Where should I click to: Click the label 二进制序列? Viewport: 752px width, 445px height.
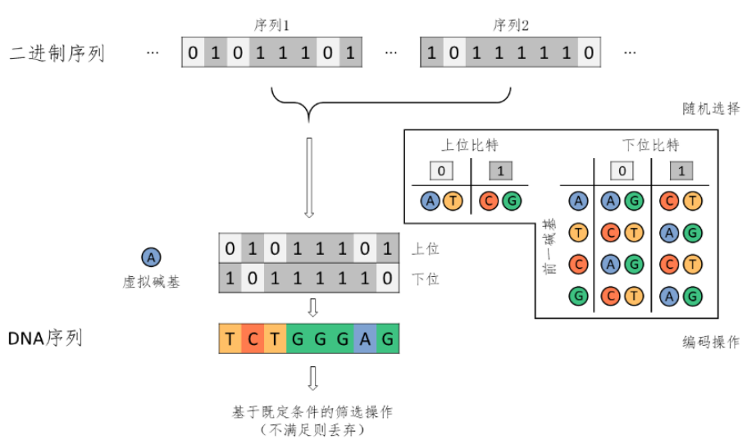[57, 54]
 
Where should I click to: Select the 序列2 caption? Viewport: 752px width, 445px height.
[510, 25]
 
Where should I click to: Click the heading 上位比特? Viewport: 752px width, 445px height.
[470, 146]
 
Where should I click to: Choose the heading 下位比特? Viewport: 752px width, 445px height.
[650, 146]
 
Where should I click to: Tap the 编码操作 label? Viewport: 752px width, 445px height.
[710, 342]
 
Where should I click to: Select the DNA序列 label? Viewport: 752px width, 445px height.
[45, 337]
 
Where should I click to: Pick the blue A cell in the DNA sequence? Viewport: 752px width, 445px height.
[365, 338]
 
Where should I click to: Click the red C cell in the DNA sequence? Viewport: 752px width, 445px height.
[253, 338]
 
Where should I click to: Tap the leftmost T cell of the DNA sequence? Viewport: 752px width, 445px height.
[230, 338]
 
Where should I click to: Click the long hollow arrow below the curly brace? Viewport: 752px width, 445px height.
[309, 177]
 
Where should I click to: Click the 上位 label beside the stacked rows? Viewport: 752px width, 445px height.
[425, 247]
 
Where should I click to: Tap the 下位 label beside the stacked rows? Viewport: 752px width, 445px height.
[425, 279]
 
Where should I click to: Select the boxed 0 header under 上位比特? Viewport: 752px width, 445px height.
[443, 170]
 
